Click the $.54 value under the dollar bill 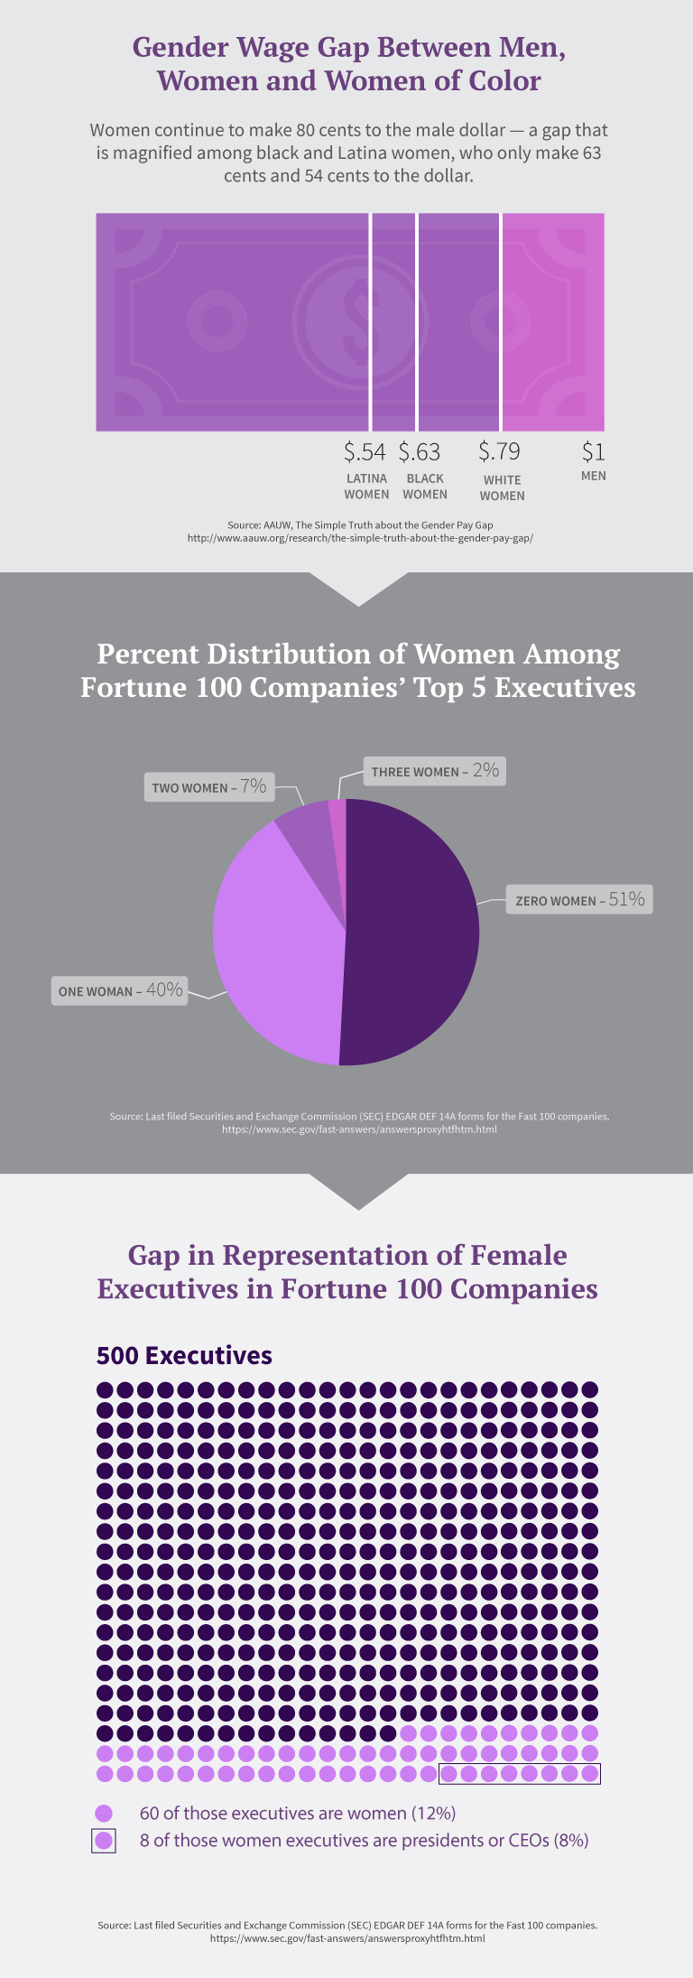tap(365, 451)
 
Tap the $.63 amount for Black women tap(420, 451)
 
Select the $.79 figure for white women tap(499, 451)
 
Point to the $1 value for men tap(593, 451)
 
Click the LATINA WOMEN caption tap(366, 487)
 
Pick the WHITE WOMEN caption tap(502, 488)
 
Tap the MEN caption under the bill tap(593, 476)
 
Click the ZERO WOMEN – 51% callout tap(579, 899)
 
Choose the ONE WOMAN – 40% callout tap(120, 990)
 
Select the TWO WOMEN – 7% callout tap(208, 786)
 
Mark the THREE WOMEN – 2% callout tap(434, 771)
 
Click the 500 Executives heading tap(184, 1355)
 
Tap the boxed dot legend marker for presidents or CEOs tap(104, 1840)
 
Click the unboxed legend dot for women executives tap(104, 1813)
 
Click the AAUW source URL tap(360, 538)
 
